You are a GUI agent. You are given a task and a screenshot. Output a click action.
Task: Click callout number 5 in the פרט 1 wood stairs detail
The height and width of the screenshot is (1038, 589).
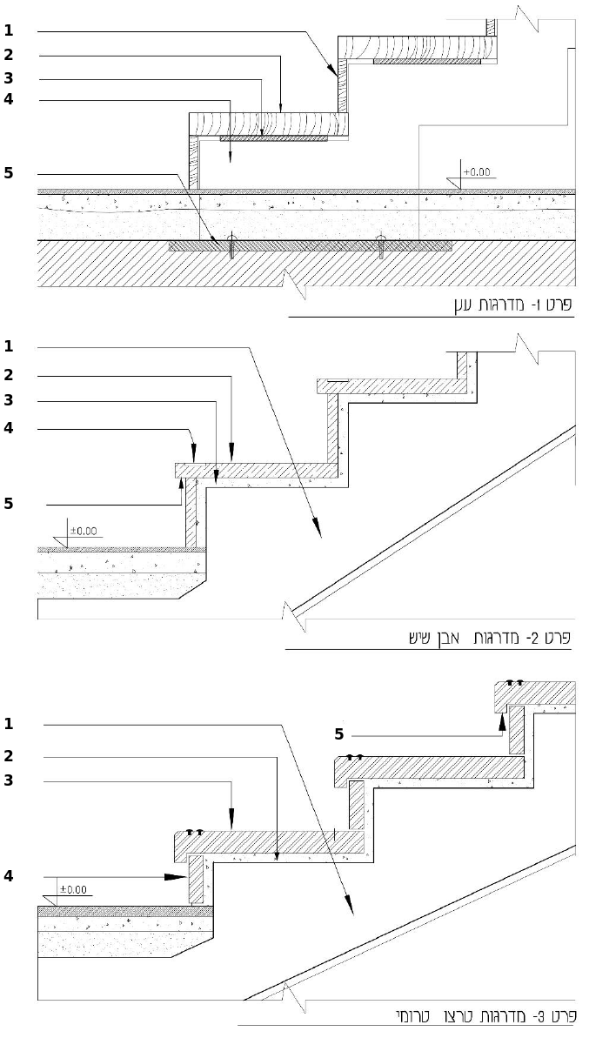click(9, 173)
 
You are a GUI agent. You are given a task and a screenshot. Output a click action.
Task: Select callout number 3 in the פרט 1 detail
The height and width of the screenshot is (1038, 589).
click(9, 79)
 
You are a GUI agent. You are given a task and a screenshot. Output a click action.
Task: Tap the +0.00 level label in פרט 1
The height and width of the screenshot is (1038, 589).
click(477, 172)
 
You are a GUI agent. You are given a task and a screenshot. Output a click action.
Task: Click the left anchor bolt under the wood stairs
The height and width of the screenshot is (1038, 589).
click(231, 246)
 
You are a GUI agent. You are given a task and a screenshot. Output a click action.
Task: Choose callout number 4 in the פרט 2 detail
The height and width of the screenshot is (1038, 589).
click(9, 428)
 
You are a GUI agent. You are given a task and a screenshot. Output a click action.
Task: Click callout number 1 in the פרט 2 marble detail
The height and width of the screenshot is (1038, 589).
click(9, 346)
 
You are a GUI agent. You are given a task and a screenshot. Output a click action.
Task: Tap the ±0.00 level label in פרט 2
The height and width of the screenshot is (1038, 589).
click(84, 531)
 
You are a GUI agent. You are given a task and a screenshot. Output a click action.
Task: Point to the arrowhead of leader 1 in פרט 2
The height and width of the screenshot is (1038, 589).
click(318, 527)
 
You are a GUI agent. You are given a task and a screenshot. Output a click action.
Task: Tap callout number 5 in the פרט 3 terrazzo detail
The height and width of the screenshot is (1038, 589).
click(339, 734)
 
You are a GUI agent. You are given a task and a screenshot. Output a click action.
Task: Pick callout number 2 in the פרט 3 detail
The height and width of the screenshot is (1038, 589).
click(9, 756)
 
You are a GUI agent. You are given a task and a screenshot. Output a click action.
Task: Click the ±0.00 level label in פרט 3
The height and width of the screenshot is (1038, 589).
click(73, 890)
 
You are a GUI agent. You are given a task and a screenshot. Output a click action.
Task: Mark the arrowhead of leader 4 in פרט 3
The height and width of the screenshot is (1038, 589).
click(176, 876)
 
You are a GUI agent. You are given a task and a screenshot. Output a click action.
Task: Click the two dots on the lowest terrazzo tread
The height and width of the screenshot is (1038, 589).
click(194, 832)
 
